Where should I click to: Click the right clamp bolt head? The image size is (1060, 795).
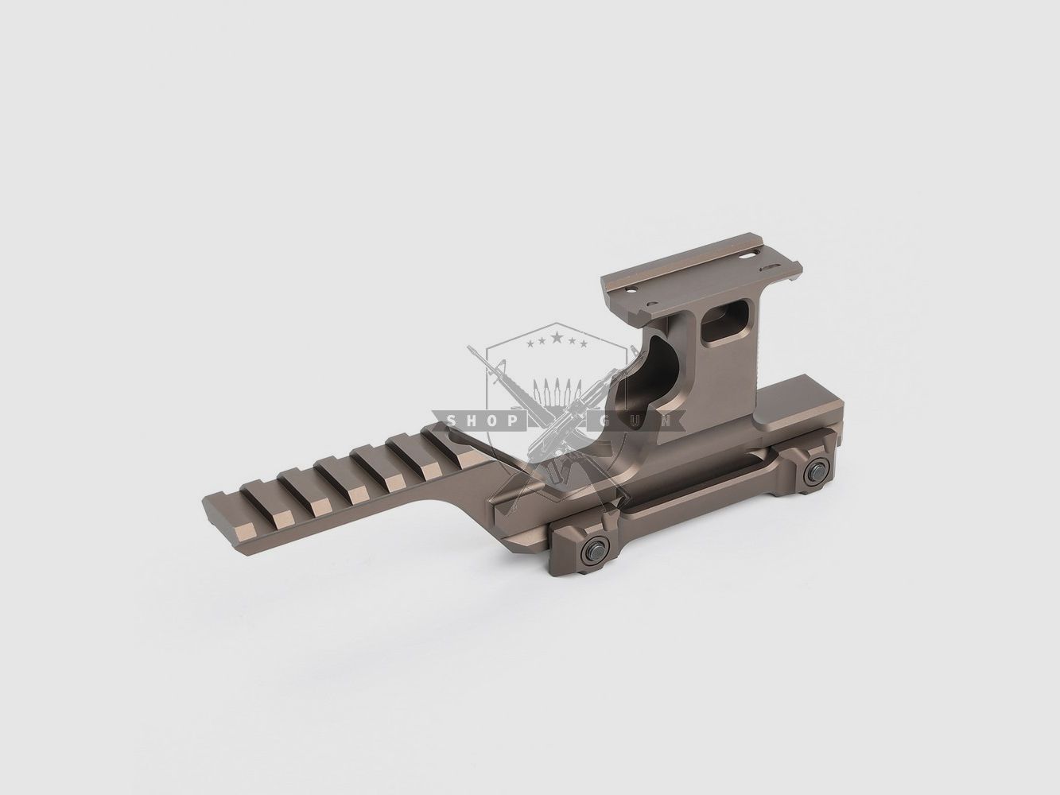pos(816,473)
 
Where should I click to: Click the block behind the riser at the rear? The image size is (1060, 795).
pos(795,409)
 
